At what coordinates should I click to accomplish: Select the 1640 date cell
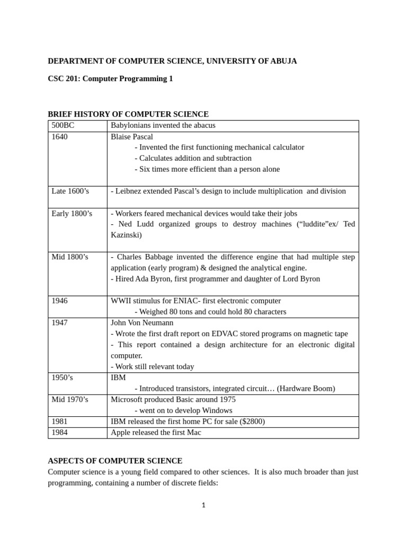pos(60,137)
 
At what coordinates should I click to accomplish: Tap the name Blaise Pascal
pos(131,137)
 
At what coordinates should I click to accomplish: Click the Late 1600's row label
pos(70,191)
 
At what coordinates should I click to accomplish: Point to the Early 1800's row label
pos(72,213)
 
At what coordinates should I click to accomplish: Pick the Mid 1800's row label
pos(70,257)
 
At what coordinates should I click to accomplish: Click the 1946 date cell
pos(60,301)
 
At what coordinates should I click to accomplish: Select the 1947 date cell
pos(60,322)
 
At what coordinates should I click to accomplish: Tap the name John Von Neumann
pos(142,322)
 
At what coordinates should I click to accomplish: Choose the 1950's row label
pos(63,378)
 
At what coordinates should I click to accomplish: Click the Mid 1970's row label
pos(70,399)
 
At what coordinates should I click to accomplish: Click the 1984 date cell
pos(60,433)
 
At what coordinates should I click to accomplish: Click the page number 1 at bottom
pos(203,505)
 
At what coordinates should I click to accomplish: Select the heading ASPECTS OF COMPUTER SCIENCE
pos(115,461)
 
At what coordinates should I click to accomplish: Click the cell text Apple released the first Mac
pos(156,433)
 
